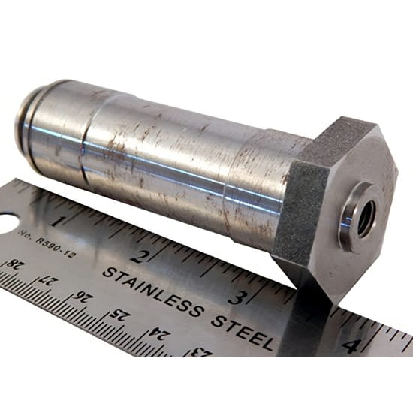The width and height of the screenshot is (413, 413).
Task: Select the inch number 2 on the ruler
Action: tap(140, 256)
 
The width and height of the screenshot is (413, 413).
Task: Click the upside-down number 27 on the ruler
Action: tap(46, 282)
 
